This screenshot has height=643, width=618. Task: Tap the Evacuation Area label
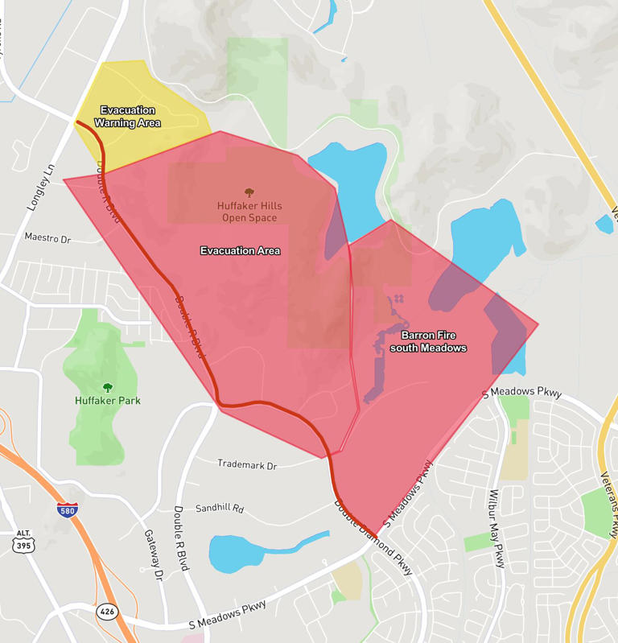[240, 251]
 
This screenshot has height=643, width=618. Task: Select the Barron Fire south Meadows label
[428, 341]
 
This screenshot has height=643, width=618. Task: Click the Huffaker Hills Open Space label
[249, 212]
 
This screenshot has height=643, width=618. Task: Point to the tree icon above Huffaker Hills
[249, 192]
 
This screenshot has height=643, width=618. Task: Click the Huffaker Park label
[107, 400]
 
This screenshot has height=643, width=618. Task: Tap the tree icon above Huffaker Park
[107, 387]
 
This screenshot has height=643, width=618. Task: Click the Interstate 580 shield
[68, 509]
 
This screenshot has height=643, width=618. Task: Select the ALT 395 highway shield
[23, 542]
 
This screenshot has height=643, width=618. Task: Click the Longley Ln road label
[44, 185]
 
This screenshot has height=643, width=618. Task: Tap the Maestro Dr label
[47, 239]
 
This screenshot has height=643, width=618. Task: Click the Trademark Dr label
[247, 465]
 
